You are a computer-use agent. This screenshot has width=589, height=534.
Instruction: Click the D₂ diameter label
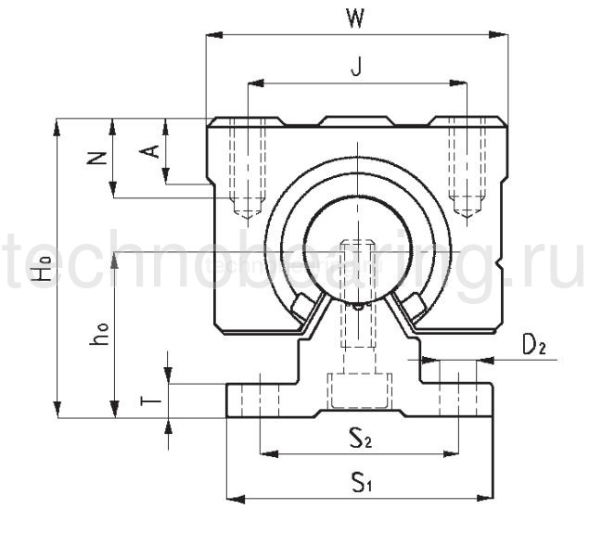pyautogui.click(x=533, y=346)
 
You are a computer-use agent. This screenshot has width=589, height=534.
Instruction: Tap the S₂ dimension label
pyautogui.click(x=361, y=439)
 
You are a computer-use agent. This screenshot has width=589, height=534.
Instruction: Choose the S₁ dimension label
pyautogui.click(x=361, y=482)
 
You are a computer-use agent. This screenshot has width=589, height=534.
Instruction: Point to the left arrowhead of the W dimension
pyautogui.click(x=210, y=36)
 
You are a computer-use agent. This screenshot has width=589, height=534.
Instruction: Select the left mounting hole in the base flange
pyautogui.click(x=261, y=395)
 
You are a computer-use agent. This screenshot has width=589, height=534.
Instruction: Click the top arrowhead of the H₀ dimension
pyautogui.click(x=59, y=122)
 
